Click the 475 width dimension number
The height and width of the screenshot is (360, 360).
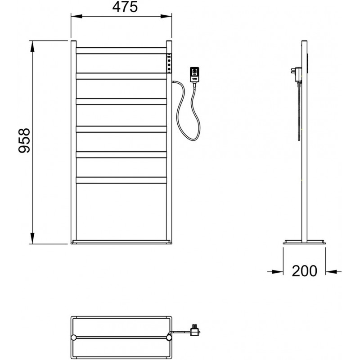coord(125,7)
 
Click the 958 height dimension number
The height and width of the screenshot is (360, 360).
coord(24,140)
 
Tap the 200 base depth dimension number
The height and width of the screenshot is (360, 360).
coord(305,271)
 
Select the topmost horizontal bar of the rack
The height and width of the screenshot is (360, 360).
coord(121,50)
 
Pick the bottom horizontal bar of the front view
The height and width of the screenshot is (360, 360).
coord(121,180)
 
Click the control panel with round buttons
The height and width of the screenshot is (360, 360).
coord(169,63)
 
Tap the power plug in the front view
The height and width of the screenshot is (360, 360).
coord(194,74)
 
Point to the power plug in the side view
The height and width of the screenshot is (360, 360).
coord(297,74)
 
